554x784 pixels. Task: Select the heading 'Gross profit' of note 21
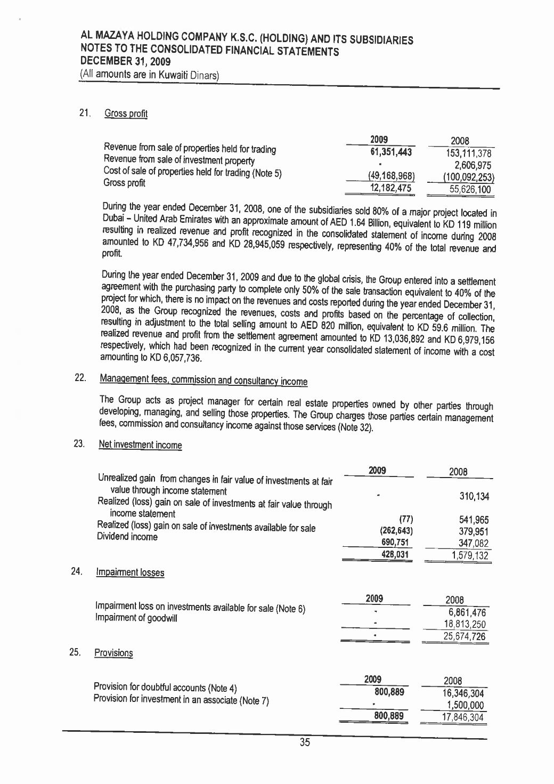coord(126,114)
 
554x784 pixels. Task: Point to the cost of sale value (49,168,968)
coord(392,176)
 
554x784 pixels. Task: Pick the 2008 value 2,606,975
coord(472,165)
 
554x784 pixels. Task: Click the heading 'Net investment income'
coord(140,445)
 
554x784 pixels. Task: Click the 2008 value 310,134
coord(474,496)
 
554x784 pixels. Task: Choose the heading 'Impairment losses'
coord(130,573)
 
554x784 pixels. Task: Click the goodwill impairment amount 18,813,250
coord(465,625)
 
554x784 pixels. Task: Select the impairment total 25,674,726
coord(465,636)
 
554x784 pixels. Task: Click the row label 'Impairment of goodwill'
coord(135,618)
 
